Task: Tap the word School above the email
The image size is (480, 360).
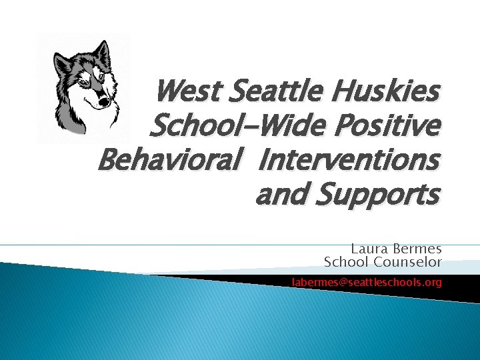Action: coord(343,262)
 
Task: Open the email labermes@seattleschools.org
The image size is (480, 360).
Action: coord(366,283)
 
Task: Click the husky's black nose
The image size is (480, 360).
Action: coord(104,102)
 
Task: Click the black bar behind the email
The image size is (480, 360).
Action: coord(460,285)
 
